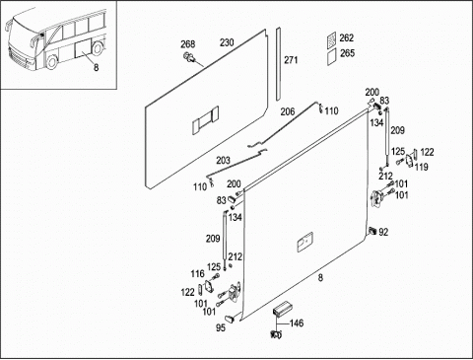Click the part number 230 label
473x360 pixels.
click(227, 42)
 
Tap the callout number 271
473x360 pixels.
click(291, 60)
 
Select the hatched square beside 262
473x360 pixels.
click(332, 39)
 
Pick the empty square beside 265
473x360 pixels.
click(332, 56)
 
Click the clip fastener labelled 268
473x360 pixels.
click(188, 57)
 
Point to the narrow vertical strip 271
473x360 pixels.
click(278, 64)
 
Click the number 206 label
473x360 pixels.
click(288, 112)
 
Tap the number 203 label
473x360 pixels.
click(223, 161)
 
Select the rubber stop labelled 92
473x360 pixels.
click(372, 231)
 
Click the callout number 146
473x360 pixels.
click(297, 324)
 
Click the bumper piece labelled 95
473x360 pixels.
click(230, 318)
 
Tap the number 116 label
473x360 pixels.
click(197, 273)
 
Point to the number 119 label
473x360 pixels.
click(422, 167)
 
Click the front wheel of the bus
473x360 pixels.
click(51, 62)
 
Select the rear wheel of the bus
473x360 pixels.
click(98, 48)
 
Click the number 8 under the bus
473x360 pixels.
click(96, 68)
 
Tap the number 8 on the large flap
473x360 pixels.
click(320, 278)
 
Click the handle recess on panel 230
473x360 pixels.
click(205, 120)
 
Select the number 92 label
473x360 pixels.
click(383, 232)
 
